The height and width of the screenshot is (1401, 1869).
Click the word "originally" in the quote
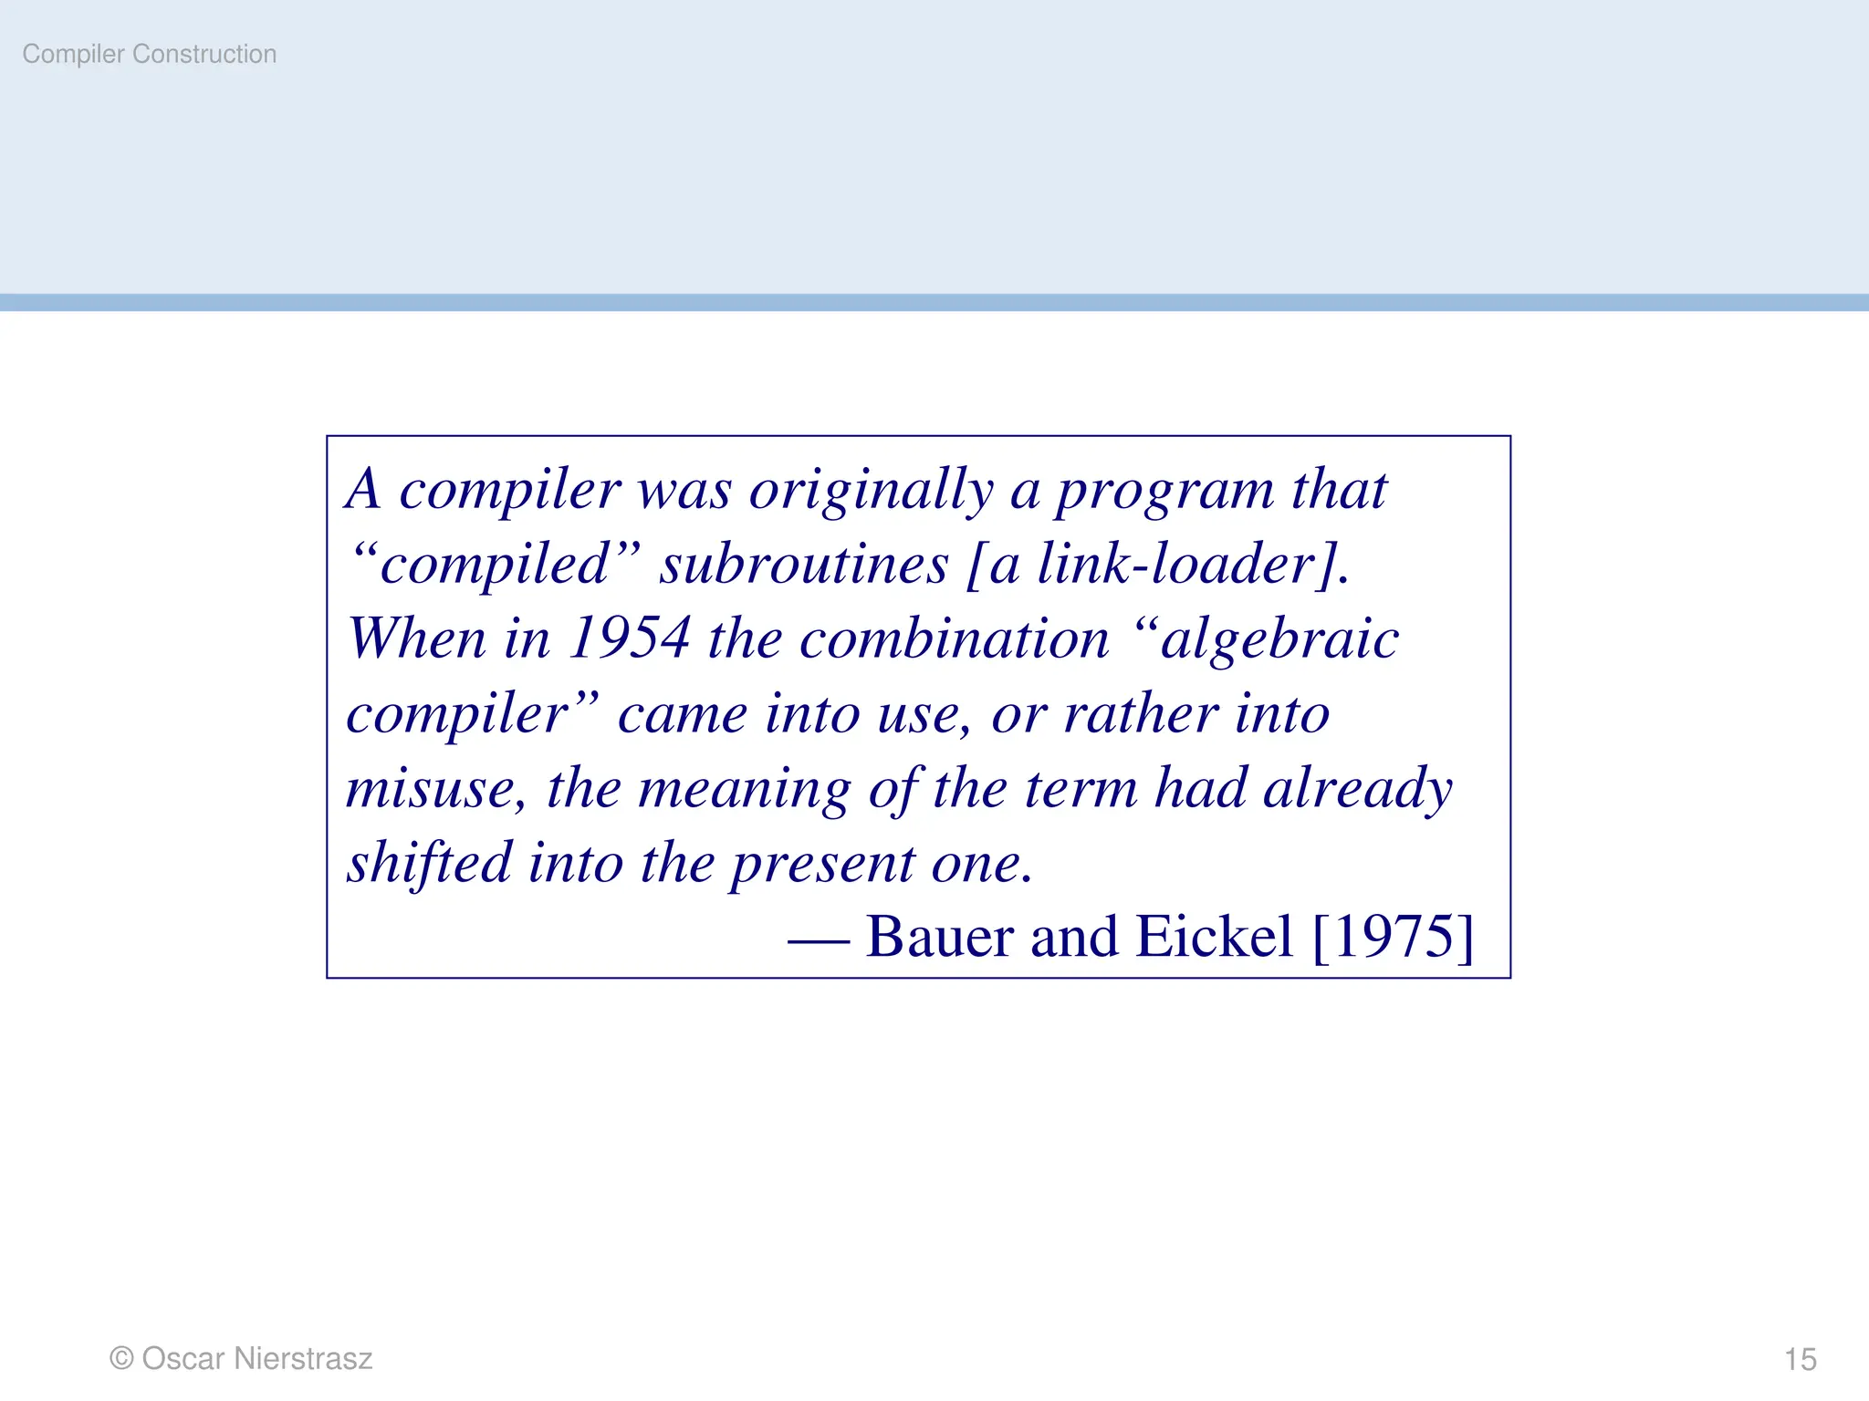(x=871, y=491)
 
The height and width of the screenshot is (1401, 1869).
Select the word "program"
(x=1164, y=491)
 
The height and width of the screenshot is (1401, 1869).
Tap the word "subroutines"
(x=804, y=565)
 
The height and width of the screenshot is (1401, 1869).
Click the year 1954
(x=629, y=638)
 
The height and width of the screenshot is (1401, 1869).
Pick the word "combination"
(x=955, y=638)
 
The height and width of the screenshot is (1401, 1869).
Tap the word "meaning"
(x=743, y=788)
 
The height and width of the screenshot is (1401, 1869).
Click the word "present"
(x=821, y=862)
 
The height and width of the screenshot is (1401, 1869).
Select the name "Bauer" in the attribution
(x=939, y=937)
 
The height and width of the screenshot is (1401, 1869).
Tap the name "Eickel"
(x=1214, y=937)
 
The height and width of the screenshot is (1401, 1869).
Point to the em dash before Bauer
(x=819, y=939)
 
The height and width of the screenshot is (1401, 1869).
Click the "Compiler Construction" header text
(x=150, y=55)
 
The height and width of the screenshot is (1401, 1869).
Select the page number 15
(x=1800, y=1359)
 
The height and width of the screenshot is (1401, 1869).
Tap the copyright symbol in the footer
(x=121, y=1358)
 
